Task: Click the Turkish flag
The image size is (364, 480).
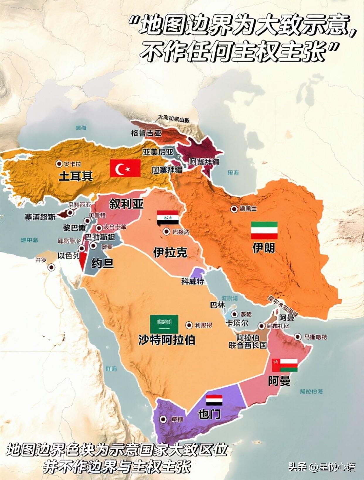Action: coord(125,168)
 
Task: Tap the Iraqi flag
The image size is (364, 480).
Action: coord(168,217)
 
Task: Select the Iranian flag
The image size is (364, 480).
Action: coord(264,230)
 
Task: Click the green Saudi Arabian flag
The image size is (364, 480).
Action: coord(164,324)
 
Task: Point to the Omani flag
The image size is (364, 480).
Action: coord(285,365)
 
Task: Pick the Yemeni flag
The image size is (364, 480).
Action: coord(214,400)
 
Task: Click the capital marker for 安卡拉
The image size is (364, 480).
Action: coord(59,164)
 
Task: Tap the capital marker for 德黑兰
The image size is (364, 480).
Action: coord(234,209)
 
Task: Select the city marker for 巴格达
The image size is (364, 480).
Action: coord(166,232)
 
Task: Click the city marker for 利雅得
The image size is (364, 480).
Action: coord(189,325)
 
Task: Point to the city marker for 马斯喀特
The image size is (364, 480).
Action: coord(298,337)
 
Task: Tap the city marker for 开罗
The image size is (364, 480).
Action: coord(52,267)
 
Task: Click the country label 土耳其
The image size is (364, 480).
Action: coord(76,176)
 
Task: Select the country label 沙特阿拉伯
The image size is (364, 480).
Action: coord(166,340)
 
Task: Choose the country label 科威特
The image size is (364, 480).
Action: coord(193,281)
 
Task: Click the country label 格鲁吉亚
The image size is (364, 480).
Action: coord(146,133)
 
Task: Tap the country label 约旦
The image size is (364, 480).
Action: coord(102,263)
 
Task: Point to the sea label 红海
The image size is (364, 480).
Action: coord(111,368)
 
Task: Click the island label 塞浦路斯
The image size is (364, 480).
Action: coord(40,217)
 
